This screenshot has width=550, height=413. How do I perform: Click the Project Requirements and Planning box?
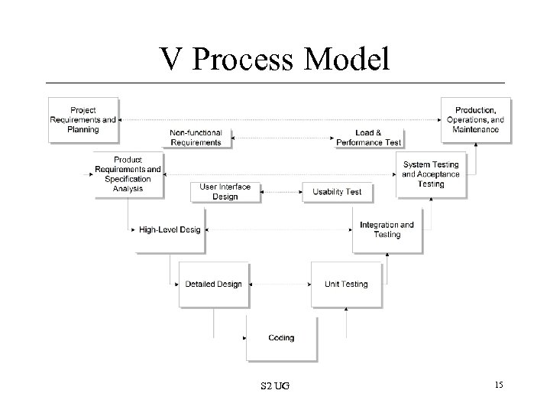coord(83,119)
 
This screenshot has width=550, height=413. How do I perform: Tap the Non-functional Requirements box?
coord(196,138)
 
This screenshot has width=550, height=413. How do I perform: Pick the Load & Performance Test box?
coord(369,138)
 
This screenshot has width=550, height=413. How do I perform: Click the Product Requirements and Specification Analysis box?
coord(128,174)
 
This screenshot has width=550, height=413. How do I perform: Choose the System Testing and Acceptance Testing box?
coord(431,174)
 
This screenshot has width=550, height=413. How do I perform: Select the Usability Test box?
coord(337,191)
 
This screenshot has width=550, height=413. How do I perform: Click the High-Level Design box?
coord(170,229)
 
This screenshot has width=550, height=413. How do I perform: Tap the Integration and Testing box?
coord(387,229)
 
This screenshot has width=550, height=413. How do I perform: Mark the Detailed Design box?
coord(213,285)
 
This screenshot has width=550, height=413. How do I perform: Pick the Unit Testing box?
coord(346,285)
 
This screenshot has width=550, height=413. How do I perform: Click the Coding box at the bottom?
coord(281,338)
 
